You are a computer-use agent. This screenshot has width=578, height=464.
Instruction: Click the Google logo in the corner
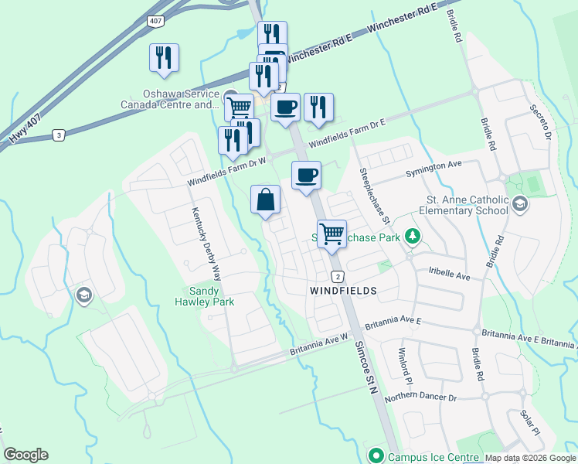point(25,455)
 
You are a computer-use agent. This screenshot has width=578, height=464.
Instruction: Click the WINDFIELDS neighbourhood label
point(343,291)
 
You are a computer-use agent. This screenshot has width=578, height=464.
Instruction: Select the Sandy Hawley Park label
point(207,296)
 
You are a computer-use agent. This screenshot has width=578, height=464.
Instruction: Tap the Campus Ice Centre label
point(433,457)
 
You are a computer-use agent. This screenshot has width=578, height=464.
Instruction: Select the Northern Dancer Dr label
point(421,397)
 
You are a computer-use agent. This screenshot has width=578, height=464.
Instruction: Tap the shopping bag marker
point(265,200)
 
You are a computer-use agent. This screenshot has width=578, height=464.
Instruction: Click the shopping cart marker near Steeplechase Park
point(331,234)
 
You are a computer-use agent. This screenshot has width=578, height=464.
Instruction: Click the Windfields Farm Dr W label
point(228,172)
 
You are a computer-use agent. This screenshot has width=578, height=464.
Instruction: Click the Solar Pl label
point(529,422)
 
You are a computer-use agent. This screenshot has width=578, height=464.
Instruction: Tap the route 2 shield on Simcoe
point(338,276)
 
